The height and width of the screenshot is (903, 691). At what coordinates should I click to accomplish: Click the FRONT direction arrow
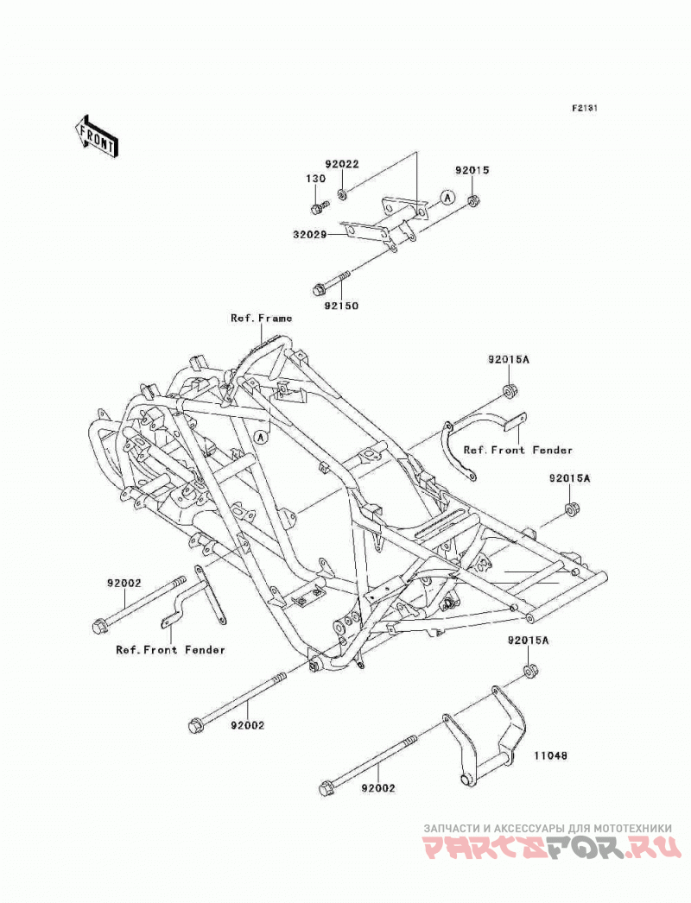tap(96, 136)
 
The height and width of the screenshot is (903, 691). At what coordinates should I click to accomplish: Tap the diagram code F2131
tap(585, 108)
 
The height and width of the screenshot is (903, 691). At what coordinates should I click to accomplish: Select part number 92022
tap(342, 164)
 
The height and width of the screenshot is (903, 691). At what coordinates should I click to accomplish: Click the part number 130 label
tap(315, 179)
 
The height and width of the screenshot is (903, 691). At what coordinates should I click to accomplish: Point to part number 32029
tap(311, 235)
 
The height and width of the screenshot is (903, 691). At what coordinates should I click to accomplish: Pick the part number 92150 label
tap(341, 306)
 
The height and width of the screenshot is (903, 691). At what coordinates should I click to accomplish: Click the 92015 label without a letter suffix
tap(472, 170)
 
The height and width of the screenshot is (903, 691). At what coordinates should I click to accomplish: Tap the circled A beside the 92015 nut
tap(447, 198)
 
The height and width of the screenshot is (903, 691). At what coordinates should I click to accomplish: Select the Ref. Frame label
tap(262, 318)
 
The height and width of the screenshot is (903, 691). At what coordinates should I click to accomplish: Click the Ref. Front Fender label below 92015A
tap(518, 450)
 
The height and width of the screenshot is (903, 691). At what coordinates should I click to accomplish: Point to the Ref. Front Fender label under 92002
tap(170, 649)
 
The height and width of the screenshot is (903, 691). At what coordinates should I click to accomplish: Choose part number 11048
tap(551, 755)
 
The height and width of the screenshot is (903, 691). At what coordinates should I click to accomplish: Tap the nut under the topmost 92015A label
tap(510, 390)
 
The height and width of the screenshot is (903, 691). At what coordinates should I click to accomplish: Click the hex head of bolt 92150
tap(318, 287)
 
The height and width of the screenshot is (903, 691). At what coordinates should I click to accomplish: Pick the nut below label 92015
tap(472, 200)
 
